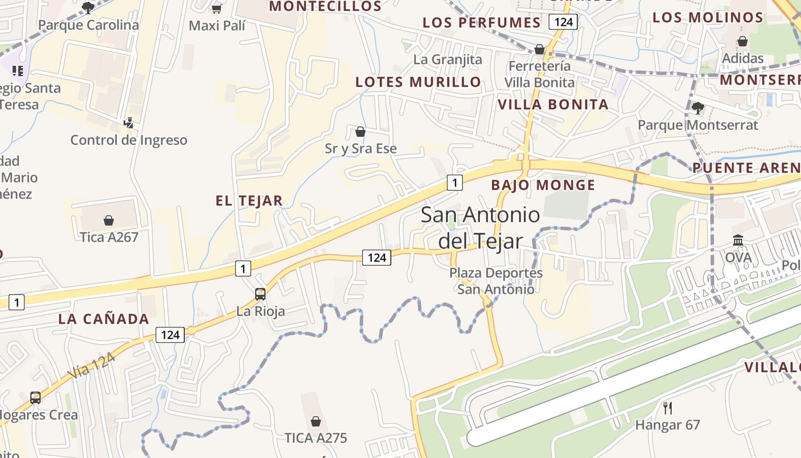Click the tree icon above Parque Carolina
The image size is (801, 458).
[x=88, y=7]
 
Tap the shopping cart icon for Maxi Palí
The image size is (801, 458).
[x=216, y=9]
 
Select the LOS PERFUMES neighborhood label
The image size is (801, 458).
[x=481, y=23]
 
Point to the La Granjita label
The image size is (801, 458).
[x=447, y=60]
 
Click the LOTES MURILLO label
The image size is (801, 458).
[x=418, y=82]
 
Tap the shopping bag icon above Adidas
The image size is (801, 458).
[x=743, y=41]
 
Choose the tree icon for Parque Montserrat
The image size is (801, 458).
[x=697, y=108]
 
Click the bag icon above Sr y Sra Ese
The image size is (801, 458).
[x=360, y=132]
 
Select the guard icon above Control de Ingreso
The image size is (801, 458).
[x=129, y=123]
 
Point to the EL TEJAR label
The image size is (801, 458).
[x=249, y=201]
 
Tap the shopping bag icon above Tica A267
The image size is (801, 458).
[x=109, y=220]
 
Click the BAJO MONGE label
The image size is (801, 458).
[x=543, y=185]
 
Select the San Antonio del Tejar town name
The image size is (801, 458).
[x=480, y=228]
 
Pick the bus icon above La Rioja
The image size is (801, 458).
[x=260, y=294]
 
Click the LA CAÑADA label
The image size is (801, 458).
[x=104, y=319]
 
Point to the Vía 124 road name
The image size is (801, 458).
[x=92, y=365]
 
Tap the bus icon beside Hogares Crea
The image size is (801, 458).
[x=35, y=397]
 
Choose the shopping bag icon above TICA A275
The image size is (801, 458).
[x=315, y=421]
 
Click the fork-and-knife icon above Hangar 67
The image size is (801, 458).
[x=667, y=408]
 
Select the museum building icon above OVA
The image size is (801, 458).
[x=738, y=240]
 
